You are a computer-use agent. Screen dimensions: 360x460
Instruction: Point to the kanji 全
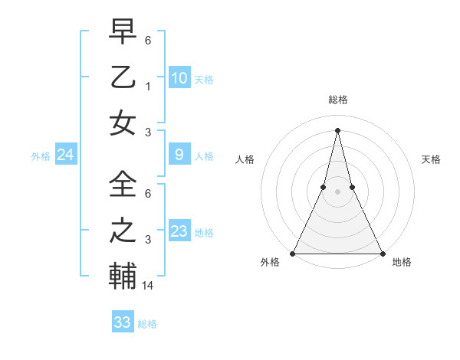click(x=123, y=184)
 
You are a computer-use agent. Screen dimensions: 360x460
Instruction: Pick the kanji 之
click(x=123, y=231)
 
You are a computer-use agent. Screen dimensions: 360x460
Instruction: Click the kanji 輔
click(x=123, y=276)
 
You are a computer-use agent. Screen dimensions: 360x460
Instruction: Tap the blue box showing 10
click(x=179, y=77)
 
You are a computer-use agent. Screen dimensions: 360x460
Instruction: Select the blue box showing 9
click(x=179, y=155)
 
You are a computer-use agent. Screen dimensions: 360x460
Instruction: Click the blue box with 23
click(x=179, y=231)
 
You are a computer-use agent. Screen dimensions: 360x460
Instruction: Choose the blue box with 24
click(x=66, y=155)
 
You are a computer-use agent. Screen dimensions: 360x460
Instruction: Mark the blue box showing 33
click(x=123, y=322)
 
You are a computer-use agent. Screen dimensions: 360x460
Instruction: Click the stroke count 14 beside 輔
click(x=149, y=286)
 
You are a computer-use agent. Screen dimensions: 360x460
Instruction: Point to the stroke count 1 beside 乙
click(x=149, y=86)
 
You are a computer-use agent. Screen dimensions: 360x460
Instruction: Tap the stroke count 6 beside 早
click(x=149, y=40)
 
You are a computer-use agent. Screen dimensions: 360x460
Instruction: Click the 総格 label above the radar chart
click(x=337, y=100)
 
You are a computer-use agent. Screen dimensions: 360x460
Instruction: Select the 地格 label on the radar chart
click(x=402, y=263)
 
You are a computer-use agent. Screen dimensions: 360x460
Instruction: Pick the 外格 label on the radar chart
click(x=270, y=263)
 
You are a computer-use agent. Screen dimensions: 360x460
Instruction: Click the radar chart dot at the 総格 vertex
click(x=337, y=129)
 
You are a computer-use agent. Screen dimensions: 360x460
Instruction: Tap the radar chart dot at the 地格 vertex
click(x=382, y=253)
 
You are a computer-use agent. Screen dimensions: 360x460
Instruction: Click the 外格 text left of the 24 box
click(x=41, y=155)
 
